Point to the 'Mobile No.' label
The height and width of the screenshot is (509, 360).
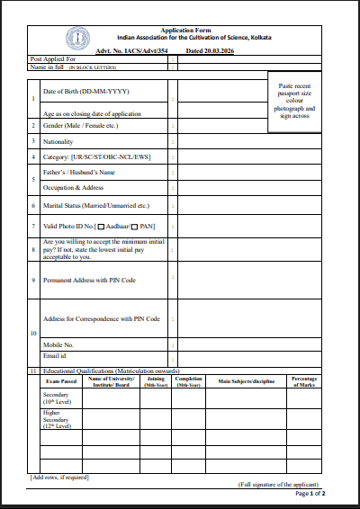pos(58,344)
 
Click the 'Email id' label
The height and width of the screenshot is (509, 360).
pos(55,357)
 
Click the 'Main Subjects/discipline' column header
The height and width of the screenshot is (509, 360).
pos(246,382)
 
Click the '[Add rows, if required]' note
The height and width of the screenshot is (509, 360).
pos(61,476)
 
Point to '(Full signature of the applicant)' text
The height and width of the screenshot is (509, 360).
pos(279,484)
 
